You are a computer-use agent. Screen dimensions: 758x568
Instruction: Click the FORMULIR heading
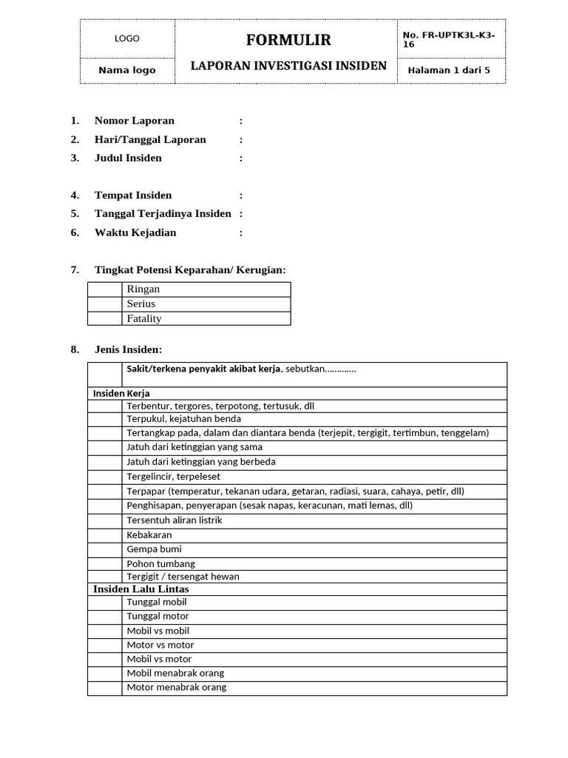click(288, 40)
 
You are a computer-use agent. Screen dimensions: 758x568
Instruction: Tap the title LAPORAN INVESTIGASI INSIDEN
click(288, 66)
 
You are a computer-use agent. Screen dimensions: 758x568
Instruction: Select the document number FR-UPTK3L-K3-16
click(449, 39)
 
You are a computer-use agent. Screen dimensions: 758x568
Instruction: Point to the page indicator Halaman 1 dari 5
click(449, 70)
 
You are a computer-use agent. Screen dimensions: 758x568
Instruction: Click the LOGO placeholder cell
click(127, 39)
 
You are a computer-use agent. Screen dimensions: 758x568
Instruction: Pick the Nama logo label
click(127, 70)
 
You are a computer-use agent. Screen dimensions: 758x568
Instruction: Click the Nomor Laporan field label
click(135, 121)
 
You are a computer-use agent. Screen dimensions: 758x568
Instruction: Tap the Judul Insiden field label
click(128, 158)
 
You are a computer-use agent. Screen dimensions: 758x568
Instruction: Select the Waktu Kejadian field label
click(135, 232)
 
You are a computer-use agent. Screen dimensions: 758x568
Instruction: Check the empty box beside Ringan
click(106, 289)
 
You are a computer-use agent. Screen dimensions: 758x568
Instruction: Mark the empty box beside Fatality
click(106, 318)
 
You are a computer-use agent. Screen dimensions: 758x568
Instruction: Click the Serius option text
click(141, 303)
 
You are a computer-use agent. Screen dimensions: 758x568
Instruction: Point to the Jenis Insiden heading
click(128, 349)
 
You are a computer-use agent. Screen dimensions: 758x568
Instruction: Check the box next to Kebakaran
click(105, 534)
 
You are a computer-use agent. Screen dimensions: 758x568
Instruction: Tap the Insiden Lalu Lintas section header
click(141, 589)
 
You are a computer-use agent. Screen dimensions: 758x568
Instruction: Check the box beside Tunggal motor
click(105, 616)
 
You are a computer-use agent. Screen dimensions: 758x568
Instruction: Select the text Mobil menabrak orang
click(175, 673)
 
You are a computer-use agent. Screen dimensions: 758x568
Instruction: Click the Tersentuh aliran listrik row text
click(175, 520)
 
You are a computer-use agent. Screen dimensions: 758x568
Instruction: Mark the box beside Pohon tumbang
click(105, 563)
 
